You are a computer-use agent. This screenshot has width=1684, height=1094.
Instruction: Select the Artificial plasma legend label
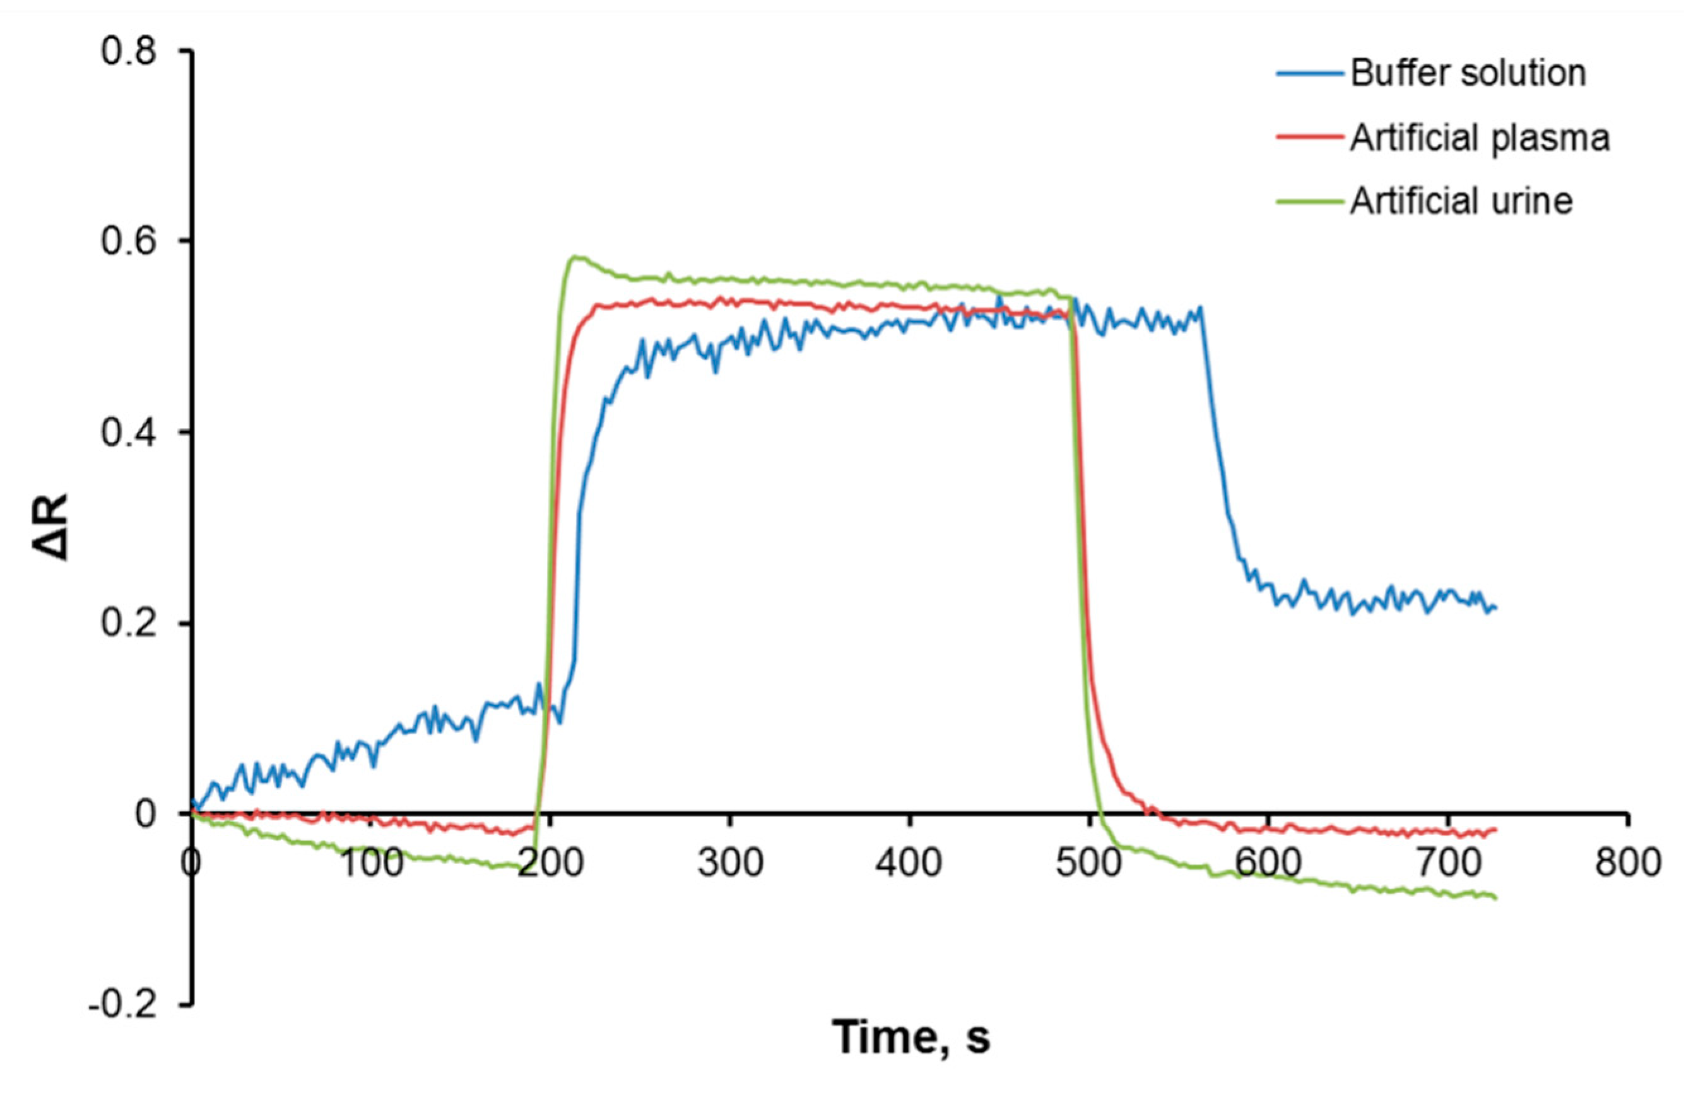[1480, 138]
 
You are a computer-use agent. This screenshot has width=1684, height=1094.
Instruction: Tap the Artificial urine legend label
[1461, 202]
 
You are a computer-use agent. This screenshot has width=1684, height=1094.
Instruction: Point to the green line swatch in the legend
[1310, 202]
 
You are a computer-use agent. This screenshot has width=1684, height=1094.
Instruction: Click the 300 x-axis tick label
[730, 863]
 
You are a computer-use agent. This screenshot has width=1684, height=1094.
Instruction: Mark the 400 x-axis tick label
[909, 863]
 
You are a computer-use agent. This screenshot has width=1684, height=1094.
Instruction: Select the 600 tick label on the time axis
[1269, 863]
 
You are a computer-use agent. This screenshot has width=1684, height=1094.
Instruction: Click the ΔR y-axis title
[52, 527]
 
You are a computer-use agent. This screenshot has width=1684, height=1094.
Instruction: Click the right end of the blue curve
[1495, 607]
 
